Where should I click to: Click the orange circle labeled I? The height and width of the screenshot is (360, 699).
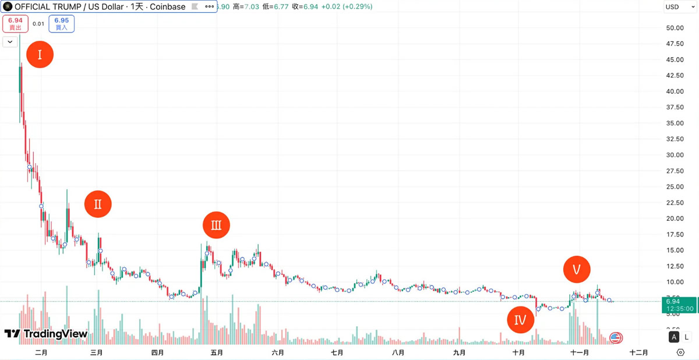tap(40, 55)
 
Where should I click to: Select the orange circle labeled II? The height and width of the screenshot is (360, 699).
tap(98, 204)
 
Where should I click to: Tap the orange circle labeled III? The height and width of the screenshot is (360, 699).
tap(216, 225)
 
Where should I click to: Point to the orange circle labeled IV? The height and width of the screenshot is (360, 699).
tap(520, 319)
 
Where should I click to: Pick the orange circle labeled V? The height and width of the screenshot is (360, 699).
tap(577, 269)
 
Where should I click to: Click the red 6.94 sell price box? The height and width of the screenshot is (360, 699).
tap(15, 23)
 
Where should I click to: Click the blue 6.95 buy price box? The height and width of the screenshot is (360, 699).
tap(61, 23)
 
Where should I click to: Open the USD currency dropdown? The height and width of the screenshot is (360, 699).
tap(679, 7)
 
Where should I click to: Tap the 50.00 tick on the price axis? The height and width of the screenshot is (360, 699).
tap(675, 28)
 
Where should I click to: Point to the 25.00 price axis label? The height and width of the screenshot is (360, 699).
tap(675, 187)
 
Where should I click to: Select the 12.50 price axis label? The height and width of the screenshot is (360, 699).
tap(675, 266)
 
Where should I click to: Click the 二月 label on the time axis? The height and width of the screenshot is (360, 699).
tap(41, 352)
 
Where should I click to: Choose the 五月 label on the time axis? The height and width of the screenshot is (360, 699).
tap(217, 352)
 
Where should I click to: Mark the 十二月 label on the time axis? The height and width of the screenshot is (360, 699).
tap(639, 352)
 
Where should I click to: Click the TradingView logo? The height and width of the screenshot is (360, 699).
tap(46, 334)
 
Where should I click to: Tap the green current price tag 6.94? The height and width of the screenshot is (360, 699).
tap(680, 305)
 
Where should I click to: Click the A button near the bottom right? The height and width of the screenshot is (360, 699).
tap(674, 337)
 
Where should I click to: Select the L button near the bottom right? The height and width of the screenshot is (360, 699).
tap(687, 337)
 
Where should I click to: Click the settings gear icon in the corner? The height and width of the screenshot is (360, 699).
tap(680, 352)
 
